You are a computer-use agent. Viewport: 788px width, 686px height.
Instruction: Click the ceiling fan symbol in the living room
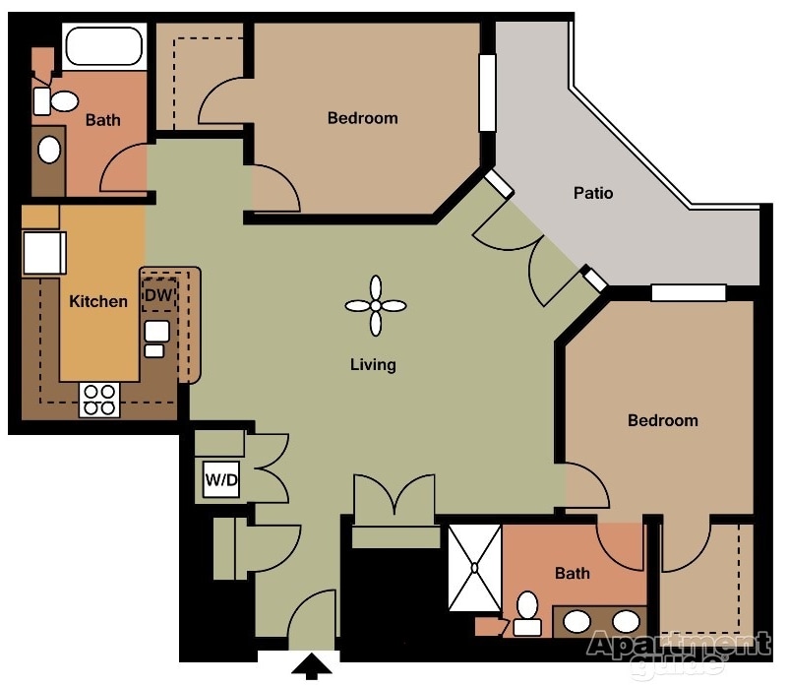[376, 305]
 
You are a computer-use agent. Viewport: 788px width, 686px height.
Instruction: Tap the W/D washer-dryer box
[221, 479]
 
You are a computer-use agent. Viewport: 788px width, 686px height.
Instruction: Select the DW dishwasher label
[158, 295]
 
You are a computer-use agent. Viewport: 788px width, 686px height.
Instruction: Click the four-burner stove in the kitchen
[99, 400]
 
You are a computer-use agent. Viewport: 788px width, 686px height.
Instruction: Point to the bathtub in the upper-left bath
[104, 46]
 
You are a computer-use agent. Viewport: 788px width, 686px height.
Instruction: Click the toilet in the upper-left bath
[56, 101]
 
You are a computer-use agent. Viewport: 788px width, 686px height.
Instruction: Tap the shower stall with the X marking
[474, 568]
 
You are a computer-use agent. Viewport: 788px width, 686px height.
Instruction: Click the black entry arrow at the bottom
[312, 666]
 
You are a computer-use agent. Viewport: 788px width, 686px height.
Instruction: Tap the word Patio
[593, 193]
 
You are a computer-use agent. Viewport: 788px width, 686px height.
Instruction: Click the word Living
[373, 364]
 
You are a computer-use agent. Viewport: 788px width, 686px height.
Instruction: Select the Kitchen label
[98, 301]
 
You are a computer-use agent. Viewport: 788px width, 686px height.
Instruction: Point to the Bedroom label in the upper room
[362, 118]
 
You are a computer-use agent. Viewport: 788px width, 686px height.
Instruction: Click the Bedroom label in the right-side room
[663, 420]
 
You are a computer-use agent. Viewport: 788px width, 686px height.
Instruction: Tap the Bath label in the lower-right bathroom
[572, 574]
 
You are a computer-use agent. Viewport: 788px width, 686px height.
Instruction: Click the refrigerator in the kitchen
[44, 253]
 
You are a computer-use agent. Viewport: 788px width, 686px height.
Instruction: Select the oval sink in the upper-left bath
[49, 150]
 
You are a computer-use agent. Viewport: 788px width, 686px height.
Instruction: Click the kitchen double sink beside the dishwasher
[156, 339]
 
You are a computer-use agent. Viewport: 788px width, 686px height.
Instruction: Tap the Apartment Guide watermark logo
[679, 651]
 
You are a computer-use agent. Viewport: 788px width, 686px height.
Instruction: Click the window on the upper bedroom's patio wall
[487, 93]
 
